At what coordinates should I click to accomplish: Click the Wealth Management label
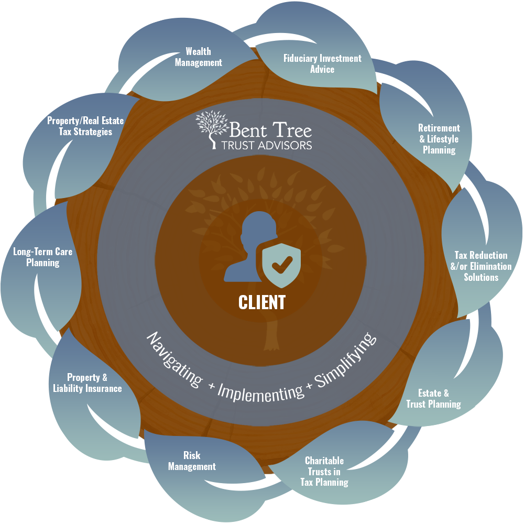pos(198,57)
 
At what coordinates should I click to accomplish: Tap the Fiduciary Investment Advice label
pos(322,63)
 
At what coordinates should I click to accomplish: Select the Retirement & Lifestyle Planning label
pos(439,139)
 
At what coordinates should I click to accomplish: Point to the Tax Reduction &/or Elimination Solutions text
pos(481,266)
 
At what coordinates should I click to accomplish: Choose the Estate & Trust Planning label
pos(433,399)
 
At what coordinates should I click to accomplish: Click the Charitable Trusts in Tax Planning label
pos(324,471)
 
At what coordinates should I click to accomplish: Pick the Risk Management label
pos(192,461)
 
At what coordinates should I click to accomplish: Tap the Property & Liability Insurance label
pos(88,383)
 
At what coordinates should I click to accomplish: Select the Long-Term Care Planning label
pos(43,257)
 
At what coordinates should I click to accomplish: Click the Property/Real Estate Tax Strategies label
pos(85,126)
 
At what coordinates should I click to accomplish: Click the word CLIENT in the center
pos(262,302)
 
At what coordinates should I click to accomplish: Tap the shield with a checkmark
pos(282,265)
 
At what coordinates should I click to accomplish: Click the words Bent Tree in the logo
pos(271,128)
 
